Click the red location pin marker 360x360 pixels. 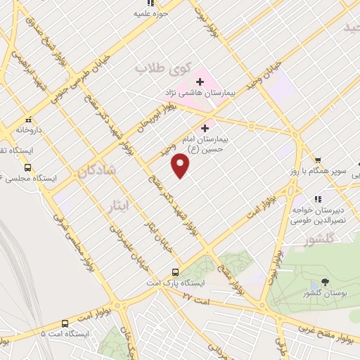pyautogui.click(x=181, y=167)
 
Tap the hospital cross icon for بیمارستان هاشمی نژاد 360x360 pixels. pyautogui.click(x=198, y=81)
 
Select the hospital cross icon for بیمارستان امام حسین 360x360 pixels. pyautogui.click(x=205, y=128)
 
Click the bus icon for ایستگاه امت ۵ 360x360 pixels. pyautogui.click(x=65, y=323)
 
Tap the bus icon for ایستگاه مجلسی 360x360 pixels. pyautogui.click(x=27, y=167)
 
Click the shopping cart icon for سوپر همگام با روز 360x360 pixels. pyautogui.click(x=319, y=160)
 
